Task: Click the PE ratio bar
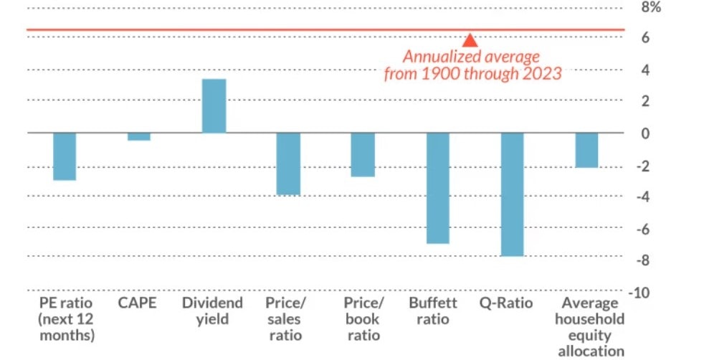65,156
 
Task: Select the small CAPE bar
139,137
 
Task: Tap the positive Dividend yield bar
214,106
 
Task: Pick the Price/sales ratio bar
288,164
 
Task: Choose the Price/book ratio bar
363,155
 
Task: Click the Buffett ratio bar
437,188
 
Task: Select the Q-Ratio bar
512,194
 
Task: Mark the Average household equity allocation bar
586,150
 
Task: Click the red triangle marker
470,40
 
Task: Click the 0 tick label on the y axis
646,133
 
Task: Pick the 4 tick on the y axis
646,70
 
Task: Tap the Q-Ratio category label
506,303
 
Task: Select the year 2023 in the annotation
541,74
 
